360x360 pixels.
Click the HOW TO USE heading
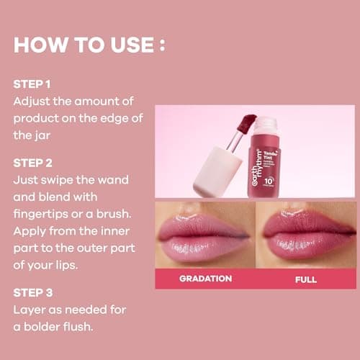[x=89, y=45]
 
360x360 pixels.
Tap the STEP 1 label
[x=32, y=84]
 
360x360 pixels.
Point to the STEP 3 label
[x=33, y=293]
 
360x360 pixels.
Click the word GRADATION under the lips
[x=205, y=279]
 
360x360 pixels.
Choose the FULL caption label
[x=305, y=279]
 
